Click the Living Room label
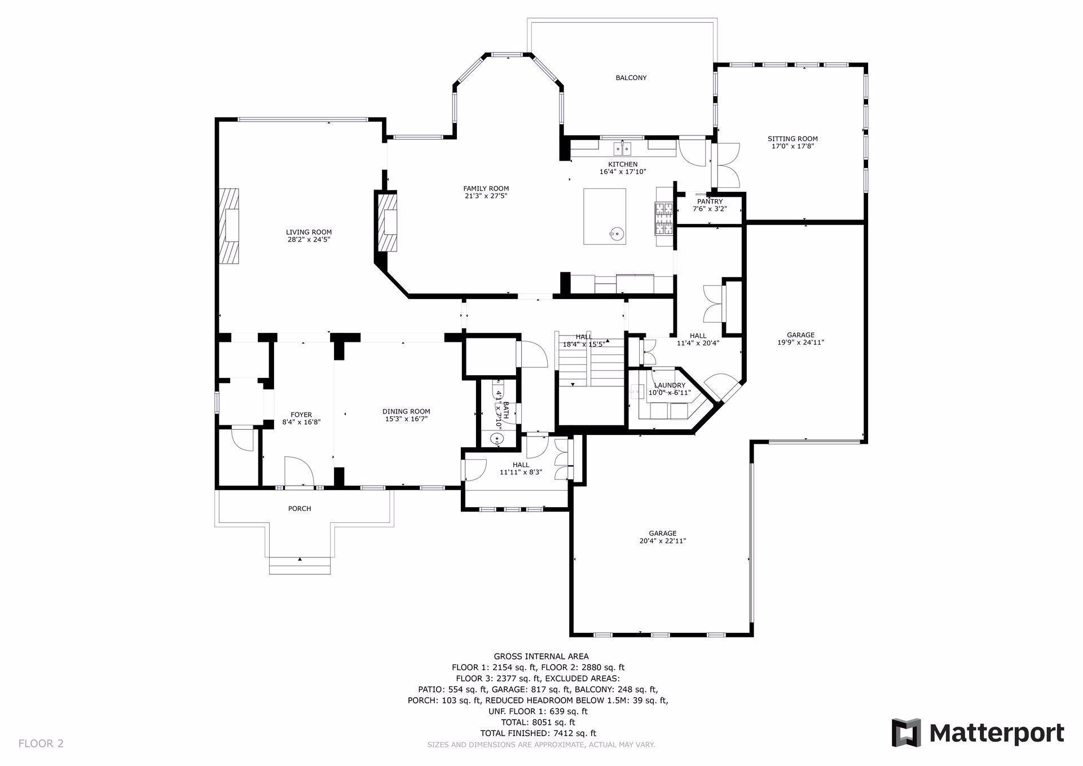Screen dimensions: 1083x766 pos(309,232)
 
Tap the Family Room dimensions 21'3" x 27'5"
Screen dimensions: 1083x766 pos(486,196)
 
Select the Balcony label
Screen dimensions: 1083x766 pos(631,78)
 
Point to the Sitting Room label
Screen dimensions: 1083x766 pos(793,139)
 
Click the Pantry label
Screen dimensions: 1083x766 pos(710,201)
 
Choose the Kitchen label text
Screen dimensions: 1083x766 pos(623,165)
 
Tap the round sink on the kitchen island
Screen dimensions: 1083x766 pos(616,232)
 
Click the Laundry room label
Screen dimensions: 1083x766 pos(670,385)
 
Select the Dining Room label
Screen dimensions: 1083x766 pos(406,412)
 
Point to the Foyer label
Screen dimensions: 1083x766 pos(301,415)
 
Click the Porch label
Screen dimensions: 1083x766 pos(300,509)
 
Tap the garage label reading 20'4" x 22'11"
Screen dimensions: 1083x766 pos(663,541)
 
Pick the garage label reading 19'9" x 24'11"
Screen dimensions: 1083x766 pos(800,342)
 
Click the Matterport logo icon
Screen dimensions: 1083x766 pos(906,733)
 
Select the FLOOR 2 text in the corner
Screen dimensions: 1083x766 pos(41,743)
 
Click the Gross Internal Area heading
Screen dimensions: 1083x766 pos(541,657)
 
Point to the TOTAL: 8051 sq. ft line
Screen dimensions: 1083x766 pos(538,723)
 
